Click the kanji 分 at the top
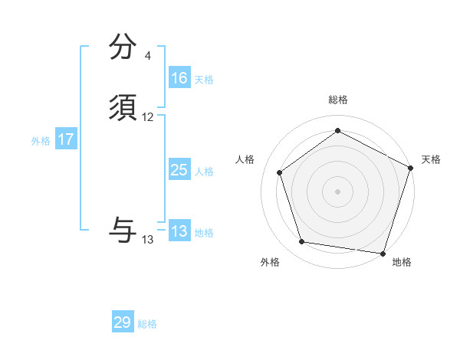[123, 47]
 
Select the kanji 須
[123, 109]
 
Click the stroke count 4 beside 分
[148, 56]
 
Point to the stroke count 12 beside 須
[148, 117]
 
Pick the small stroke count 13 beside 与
[148, 240]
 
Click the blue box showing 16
[179, 78]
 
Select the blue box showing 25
[179, 170]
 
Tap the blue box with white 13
[179, 231]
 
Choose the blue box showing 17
[65, 139]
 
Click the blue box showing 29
[123, 322]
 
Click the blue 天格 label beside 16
[204, 80]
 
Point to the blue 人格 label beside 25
[204, 172]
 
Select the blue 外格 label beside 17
[41, 141]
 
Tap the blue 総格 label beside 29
[147, 324]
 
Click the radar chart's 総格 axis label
[338, 100]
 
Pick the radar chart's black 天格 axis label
[431, 159]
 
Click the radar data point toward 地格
[383, 253]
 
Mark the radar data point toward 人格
[280, 172]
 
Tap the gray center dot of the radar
[338, 191]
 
